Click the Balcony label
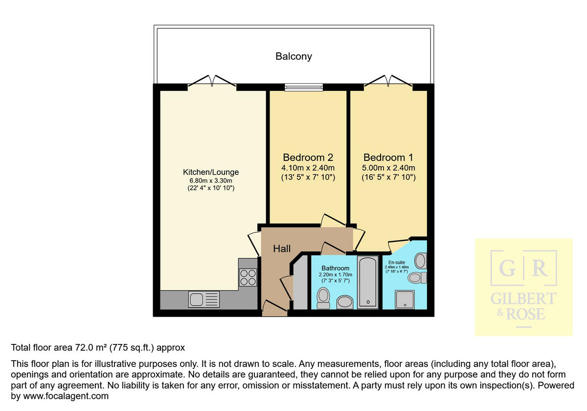(293, 56)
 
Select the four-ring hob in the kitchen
(248, 277)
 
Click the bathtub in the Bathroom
(367, 282)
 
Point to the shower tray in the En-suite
(405, 298)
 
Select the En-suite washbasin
(422, 260)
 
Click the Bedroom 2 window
(304, 87)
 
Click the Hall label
(282, 249)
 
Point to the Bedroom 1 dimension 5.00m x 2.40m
(388, 168)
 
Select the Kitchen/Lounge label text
(211, 172)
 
